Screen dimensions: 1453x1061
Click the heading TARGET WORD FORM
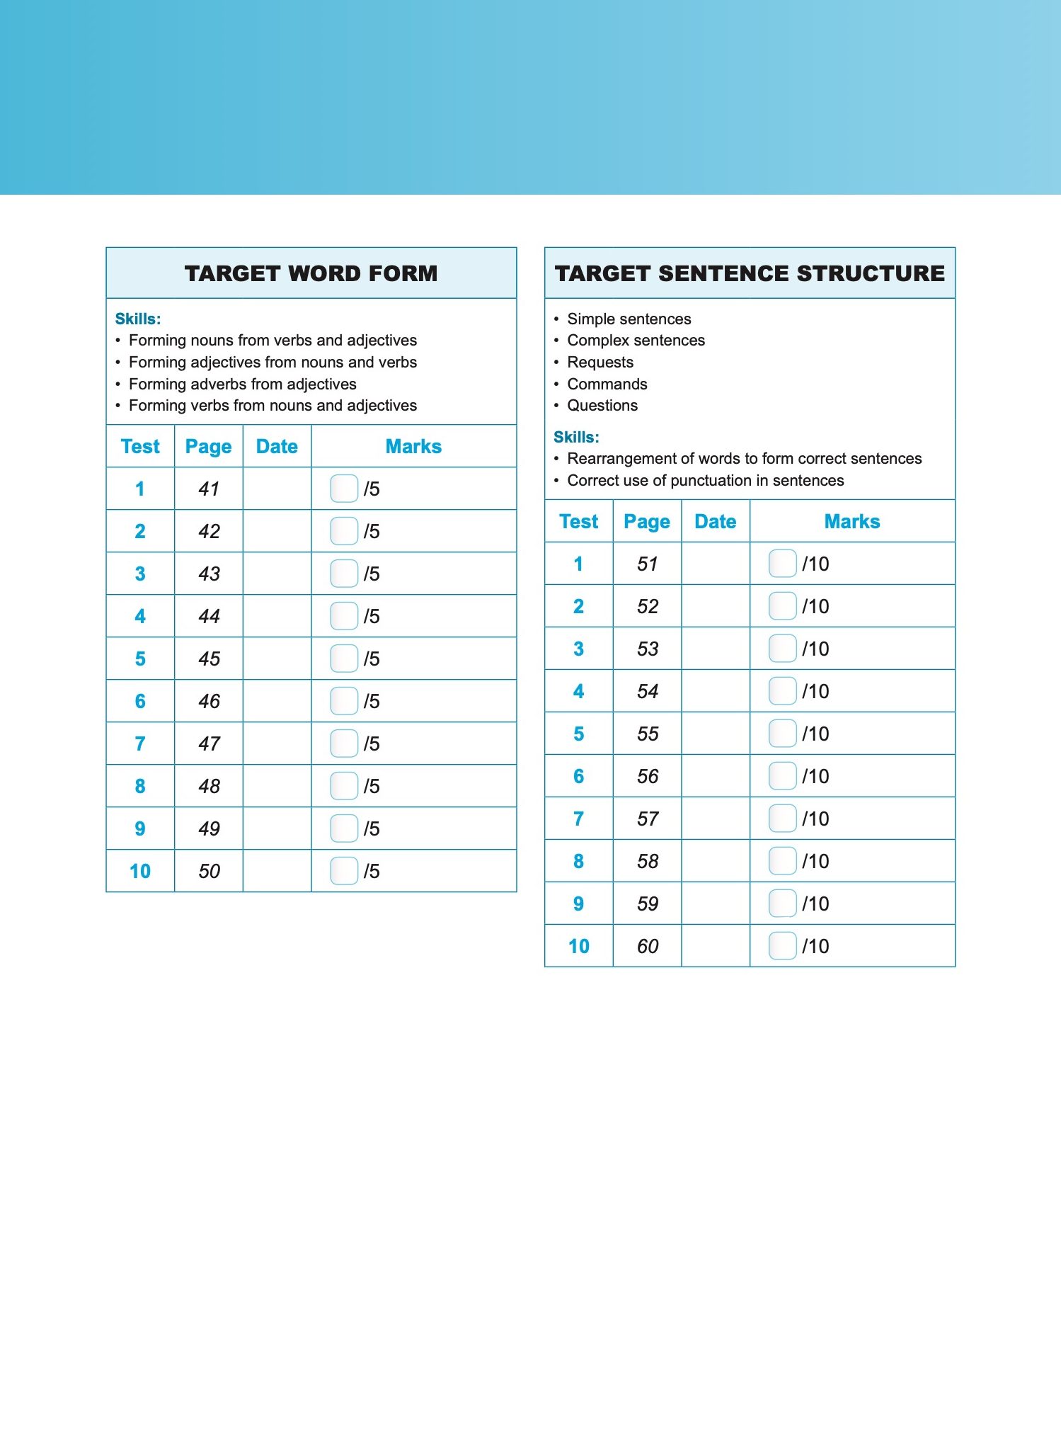(311, 273)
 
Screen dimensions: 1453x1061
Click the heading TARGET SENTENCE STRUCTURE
(750, 273)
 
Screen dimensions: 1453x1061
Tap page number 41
(209, 489)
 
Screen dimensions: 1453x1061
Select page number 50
(209, 871)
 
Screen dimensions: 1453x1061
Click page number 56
(647, 776)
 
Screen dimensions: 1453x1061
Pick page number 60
(647, 946)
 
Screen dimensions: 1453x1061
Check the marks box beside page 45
(344, 659)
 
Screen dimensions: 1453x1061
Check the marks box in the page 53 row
(782, 649)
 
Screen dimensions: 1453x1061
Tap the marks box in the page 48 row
(344, 786)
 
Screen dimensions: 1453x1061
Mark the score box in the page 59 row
(782, 904)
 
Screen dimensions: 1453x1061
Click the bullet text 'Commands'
(607, 384)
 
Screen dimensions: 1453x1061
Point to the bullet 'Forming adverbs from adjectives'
(242, 384)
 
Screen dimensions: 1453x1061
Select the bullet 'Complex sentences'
(636, 341)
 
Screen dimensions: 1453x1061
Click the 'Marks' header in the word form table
(413, 447)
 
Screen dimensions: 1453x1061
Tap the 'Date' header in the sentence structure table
(715, 522)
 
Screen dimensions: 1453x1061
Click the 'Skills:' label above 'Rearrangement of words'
(576, 437)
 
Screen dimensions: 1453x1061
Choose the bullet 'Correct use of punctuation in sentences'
(705, 481)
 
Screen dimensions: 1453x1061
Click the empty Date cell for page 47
(277, 743)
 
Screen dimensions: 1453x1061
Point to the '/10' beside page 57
(815, 819)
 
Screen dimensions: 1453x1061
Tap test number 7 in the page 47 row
(140, 743)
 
